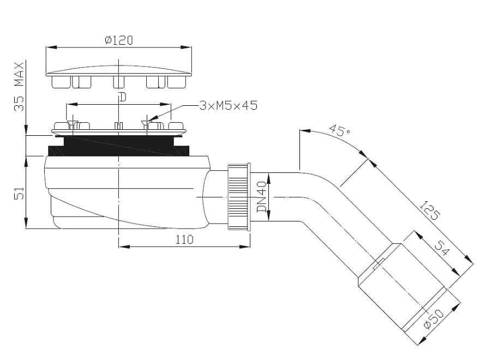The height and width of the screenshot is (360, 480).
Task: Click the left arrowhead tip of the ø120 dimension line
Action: coord(46,47)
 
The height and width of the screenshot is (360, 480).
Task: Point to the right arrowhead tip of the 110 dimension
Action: coord(250,247)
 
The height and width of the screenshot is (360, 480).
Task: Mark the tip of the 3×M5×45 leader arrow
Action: coord(148,121)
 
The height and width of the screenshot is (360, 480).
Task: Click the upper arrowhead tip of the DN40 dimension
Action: coord(268,173)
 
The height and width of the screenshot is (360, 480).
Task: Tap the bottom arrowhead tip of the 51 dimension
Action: coord(26,229)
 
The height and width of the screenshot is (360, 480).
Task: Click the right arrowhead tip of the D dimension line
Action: coord(170,104)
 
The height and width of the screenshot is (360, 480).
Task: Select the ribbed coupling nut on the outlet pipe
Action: coord(239,196)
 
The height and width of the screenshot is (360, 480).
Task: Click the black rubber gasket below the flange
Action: coord(119,146)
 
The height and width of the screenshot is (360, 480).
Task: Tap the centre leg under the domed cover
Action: coord(119,82)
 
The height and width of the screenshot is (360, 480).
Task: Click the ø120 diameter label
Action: coord(119,40)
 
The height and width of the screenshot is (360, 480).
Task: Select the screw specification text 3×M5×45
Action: coord(229,106)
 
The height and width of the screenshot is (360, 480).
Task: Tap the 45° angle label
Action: coord(340,130)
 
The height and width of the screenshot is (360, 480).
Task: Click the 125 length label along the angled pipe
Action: coord(430,211)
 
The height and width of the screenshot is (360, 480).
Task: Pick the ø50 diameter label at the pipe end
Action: coord(434,319)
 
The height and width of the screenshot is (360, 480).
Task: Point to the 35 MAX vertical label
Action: coord(19,87)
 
